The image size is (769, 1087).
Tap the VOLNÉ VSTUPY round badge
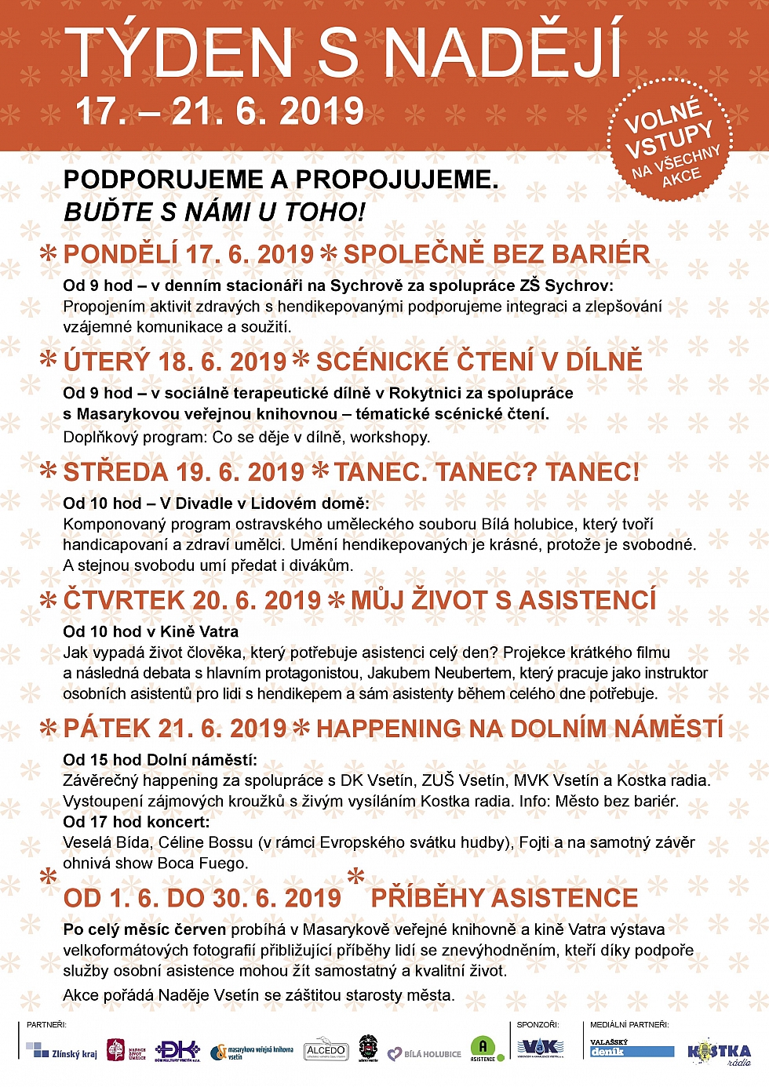(x=669, y=140)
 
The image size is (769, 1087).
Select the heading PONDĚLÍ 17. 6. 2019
(x=188, y=254)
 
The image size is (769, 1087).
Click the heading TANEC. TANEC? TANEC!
(x=487, y=472)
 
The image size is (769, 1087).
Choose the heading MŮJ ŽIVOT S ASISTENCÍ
(x=503, y=600)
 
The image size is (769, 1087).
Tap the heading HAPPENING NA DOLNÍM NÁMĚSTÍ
(x=519, y=728)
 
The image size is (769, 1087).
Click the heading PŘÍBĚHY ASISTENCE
(x=505, y=898)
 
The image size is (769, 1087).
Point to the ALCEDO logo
(x=326, y=1050)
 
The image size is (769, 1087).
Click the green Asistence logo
(x=483, y=1049)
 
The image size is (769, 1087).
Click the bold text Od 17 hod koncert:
(x=137, y=822)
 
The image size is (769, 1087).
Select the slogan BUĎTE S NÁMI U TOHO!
(x=214, y=212)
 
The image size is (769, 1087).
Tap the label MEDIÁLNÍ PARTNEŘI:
(x=629, y=1024)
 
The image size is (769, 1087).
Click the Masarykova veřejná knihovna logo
(x=252, y=1051)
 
